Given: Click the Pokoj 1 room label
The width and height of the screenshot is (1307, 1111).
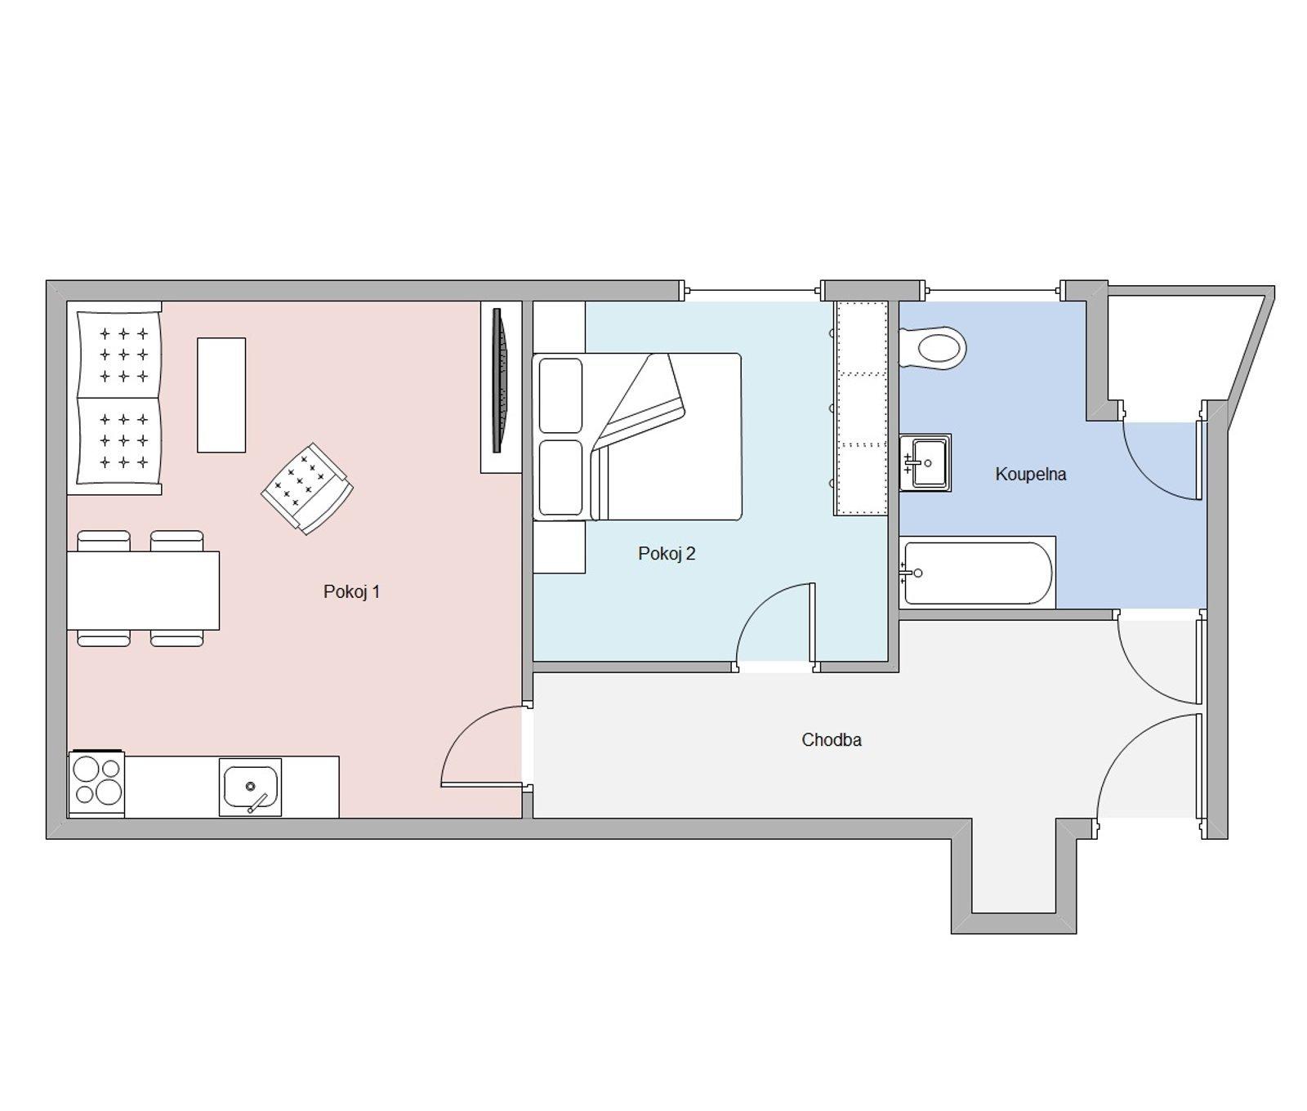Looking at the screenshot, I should pyautogui.click(x=351, y=591).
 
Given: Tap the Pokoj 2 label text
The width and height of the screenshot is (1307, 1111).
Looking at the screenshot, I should pyautogui.click(x=667, y=554).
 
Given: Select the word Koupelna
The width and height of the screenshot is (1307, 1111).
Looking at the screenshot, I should pyautogui.click(x=1030, y=474).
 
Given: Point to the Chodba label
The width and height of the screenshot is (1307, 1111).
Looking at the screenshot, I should pyautogui.click(x=831, y=739).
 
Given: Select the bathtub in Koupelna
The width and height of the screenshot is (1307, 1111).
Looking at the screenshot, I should pyautogui.click(x=977, y=573).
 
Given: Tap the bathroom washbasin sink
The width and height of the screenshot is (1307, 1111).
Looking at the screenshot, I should pyautogui.click(x=925, y=462).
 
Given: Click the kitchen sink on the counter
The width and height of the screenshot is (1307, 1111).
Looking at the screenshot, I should pyautogui.click(x=250, y=787).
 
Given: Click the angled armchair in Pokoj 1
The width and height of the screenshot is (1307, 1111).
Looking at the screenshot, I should pyautogui.click(x=306, y=489).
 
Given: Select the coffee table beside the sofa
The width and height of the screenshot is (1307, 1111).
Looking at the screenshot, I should pyautogui.click(x=221, y=395).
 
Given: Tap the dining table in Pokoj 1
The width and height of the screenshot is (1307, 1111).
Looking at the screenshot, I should pyautogui.click(x=143, y=590).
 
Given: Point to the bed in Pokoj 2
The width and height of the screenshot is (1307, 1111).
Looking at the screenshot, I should pyautogui.click(x=637, y=437).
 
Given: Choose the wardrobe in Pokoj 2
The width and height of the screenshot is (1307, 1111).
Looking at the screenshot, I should pyautogui.click(x=860, y=408).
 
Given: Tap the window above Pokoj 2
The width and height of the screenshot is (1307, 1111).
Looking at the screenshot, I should pyautogui.click(x=752, y=290).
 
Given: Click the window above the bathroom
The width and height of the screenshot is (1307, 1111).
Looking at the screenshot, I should pyautogui.click(x=992, y=290).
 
